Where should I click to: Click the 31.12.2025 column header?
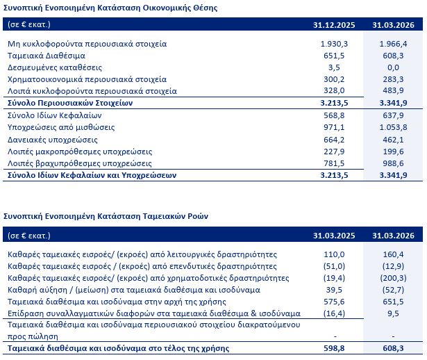(334, 25)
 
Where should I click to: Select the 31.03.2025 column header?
(334, 236)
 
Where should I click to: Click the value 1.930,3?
(334, 44)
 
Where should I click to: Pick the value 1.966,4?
(393, 44)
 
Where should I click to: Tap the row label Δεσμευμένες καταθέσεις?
(55, 67)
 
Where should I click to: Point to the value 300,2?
(334, 79)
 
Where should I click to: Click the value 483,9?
(393, 90)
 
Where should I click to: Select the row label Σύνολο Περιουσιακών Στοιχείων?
(70, 103)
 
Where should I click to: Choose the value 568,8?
(334, 115)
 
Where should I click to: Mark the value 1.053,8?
(393, 127)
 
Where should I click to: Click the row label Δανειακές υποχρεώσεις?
(53, 140)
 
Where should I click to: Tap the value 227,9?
(334, 152)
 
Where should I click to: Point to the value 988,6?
(393, 163)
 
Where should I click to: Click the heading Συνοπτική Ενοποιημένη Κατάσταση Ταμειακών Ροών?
(106, 216)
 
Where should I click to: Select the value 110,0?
(334, 254)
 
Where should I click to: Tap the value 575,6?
(334, 302)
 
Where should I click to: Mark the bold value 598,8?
(334, 348)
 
